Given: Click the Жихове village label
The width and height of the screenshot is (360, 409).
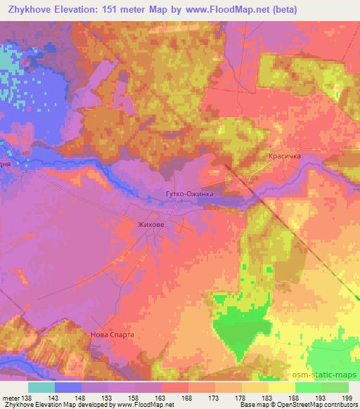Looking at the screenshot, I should click(148, 224).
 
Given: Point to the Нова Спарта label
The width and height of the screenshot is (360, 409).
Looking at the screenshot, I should click(112, 335).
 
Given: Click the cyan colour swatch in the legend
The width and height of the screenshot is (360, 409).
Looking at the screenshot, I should click(41, 387).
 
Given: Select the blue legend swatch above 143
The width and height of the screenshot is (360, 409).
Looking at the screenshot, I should click(68, 387).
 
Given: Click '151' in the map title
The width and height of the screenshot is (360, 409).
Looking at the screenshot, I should click(130, 10).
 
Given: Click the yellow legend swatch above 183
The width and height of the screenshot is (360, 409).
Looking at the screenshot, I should click(255, 387).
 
